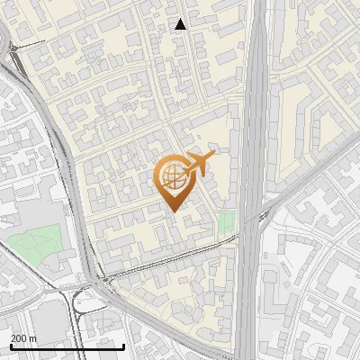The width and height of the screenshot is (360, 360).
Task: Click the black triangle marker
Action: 181,24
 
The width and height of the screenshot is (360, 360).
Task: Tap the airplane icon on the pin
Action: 198,165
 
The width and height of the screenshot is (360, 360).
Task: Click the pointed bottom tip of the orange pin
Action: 175,211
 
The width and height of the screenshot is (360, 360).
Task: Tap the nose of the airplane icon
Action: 214,156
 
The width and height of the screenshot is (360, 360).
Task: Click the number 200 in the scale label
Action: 19,338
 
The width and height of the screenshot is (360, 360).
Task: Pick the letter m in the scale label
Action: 33,338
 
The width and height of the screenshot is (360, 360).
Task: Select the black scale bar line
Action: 67,346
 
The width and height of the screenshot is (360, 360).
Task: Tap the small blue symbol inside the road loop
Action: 78,304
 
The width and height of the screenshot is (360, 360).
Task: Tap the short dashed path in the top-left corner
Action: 31,42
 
